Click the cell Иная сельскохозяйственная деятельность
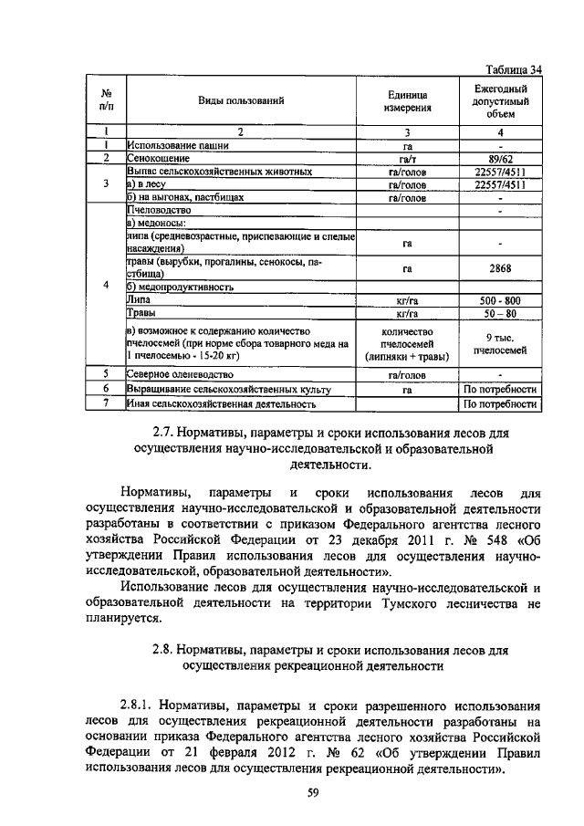coord(222,402)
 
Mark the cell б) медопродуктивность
coord(180,286)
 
